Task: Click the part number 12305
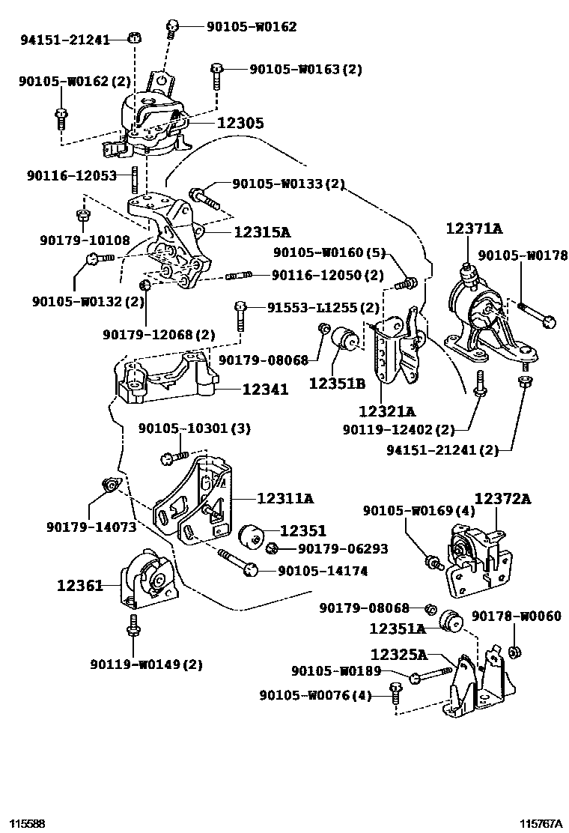pos(240,123)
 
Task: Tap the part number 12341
pos(264,390)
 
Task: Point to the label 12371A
pos(474,229)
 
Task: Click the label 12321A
pos(386,411)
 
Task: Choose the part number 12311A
pos(284,497)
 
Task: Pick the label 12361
pos(79,586)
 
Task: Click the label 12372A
pos(502,498)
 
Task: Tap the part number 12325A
pos(398,655)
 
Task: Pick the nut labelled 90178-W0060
pos(514,652)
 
